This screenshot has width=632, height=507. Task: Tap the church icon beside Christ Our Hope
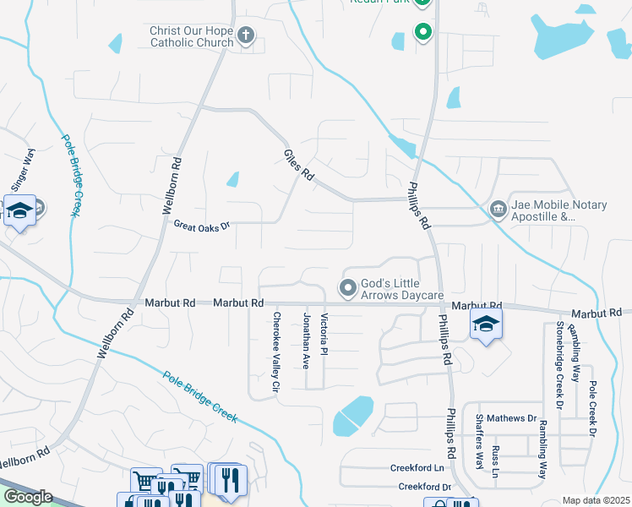[246, 35]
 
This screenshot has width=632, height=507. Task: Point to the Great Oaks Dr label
[201, 226]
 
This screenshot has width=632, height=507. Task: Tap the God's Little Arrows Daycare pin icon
[347, 288]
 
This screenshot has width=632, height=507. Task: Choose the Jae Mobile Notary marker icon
[499, 208]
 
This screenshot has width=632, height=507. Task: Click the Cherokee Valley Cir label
[275, 352]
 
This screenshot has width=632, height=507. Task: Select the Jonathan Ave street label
[306, 340]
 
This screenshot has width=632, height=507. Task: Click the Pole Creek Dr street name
[593, 409]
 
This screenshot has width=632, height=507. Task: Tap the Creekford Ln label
[417, 468]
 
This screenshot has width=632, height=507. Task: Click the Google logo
[28, 497]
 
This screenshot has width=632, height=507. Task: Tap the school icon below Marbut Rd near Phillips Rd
[487, 324]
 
